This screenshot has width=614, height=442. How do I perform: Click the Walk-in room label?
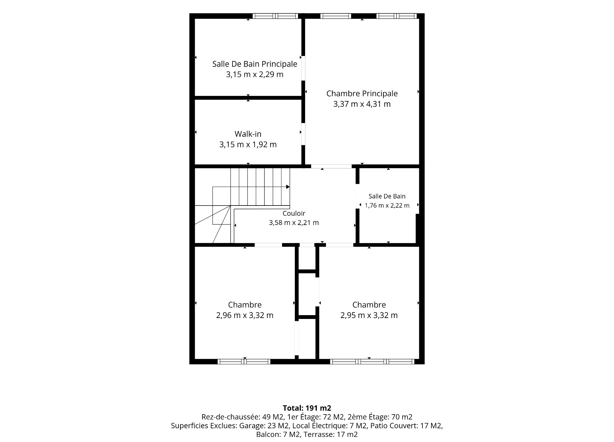(x=248, y=134)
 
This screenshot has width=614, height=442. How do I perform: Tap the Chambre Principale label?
(x=362, y=94)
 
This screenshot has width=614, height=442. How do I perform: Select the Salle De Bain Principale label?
(x=255, y=64)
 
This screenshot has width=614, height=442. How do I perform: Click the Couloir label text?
(x=294, y=213)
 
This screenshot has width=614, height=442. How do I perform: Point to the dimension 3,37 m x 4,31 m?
(x=362, y=104)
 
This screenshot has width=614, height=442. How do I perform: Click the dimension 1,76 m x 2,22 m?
(x=387, y=205)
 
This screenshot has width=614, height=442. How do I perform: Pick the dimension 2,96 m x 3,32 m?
(x=245, y=315)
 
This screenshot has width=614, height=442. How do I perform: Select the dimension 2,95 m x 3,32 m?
(x=369, y=315)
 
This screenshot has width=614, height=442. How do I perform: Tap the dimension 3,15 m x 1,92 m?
(x=248, y=144)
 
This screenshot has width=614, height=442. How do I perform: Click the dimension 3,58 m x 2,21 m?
(x=294, y=223)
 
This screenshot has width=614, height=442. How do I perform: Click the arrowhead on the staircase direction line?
(x=288, y=187)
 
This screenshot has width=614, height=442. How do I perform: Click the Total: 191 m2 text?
(x=307, y=408)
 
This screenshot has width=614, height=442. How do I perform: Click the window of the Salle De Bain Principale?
(x=275, y=16)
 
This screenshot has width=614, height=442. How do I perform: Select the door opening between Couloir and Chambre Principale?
(x=331, y=166)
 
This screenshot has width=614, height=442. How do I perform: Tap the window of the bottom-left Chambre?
(x=244, y=361)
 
